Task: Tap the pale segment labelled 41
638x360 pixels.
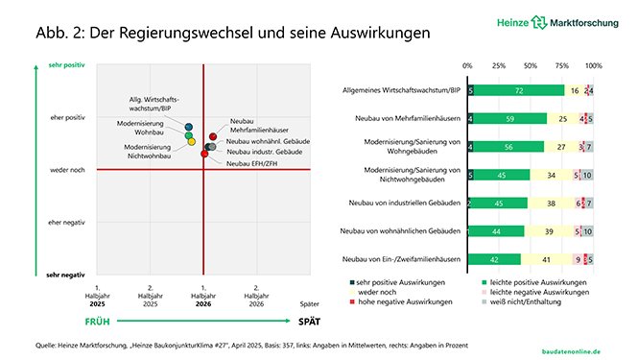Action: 546,259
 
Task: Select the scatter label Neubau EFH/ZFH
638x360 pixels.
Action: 250,163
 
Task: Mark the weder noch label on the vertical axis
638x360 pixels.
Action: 66,171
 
